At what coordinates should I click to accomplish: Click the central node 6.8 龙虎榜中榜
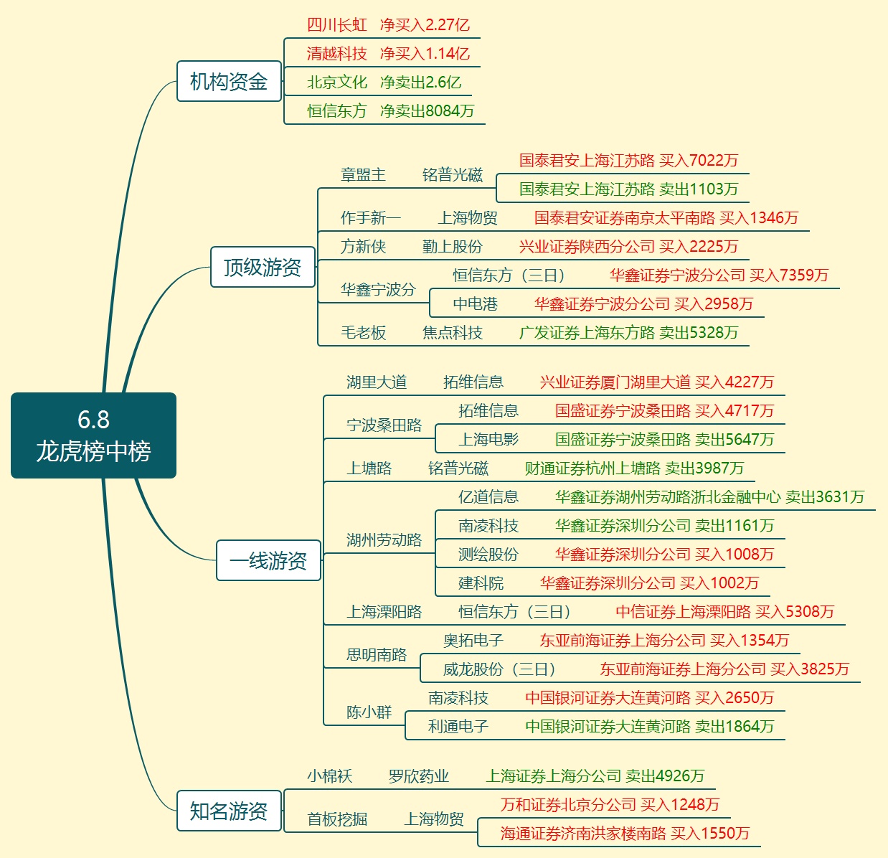click(x=93, y=435)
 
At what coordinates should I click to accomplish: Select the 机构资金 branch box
click(x=229, y=82)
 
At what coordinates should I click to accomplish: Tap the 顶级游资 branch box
click(x=263, y=268)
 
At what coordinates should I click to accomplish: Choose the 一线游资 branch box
click(x=268, y=561)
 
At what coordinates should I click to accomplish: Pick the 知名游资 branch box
click(x=229, y=811)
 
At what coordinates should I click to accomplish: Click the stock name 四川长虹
click(x=336, y=25)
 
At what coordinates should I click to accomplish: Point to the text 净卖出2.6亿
click(x=420, y=82)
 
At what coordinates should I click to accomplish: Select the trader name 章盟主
click(x=363, y=175)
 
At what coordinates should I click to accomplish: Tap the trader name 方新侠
click(x=363, y=247)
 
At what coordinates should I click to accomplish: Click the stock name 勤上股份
click(x=452, y=247)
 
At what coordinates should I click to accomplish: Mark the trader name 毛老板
click(x=363, y=333)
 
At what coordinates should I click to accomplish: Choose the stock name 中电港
click(x=475, y=304)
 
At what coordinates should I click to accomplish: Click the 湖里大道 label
click(x=376, y=382)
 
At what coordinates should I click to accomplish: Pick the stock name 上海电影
click(x=488, y=440)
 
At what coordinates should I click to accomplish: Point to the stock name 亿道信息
click(x=488, y=497)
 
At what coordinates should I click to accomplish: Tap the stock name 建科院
click(x=481, y=583)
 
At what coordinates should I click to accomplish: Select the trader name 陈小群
click(x=369, y=712)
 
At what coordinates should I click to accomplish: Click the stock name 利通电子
click(x=458, y=727)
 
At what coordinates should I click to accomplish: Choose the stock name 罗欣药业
click(x=418, y=776)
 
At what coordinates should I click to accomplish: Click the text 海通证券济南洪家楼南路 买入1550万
click(x=625, y=834)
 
